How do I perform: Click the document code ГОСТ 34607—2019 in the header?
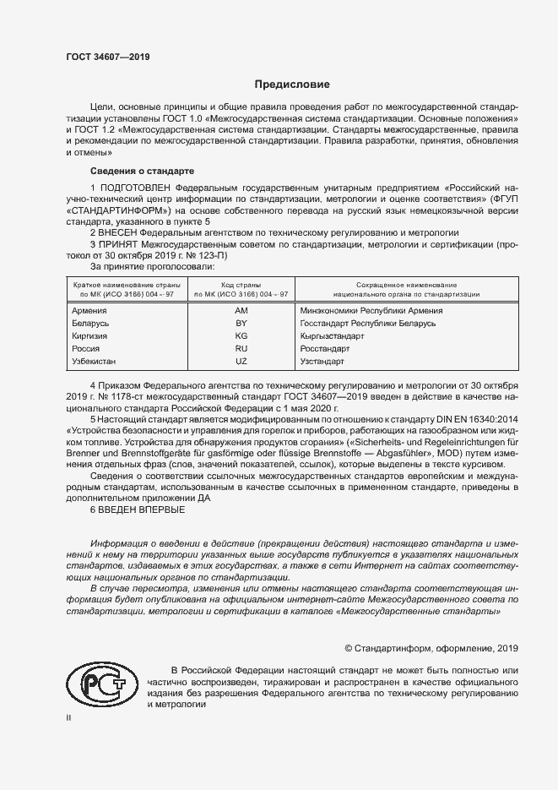(107, 57)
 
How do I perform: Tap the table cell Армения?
(91, 310)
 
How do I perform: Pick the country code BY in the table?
(241, 323)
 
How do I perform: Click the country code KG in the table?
(241, 335)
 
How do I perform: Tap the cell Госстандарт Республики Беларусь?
(379, 323)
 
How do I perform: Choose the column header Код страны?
(241, 285)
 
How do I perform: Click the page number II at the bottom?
(68, 717)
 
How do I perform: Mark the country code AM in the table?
(241, 310)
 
